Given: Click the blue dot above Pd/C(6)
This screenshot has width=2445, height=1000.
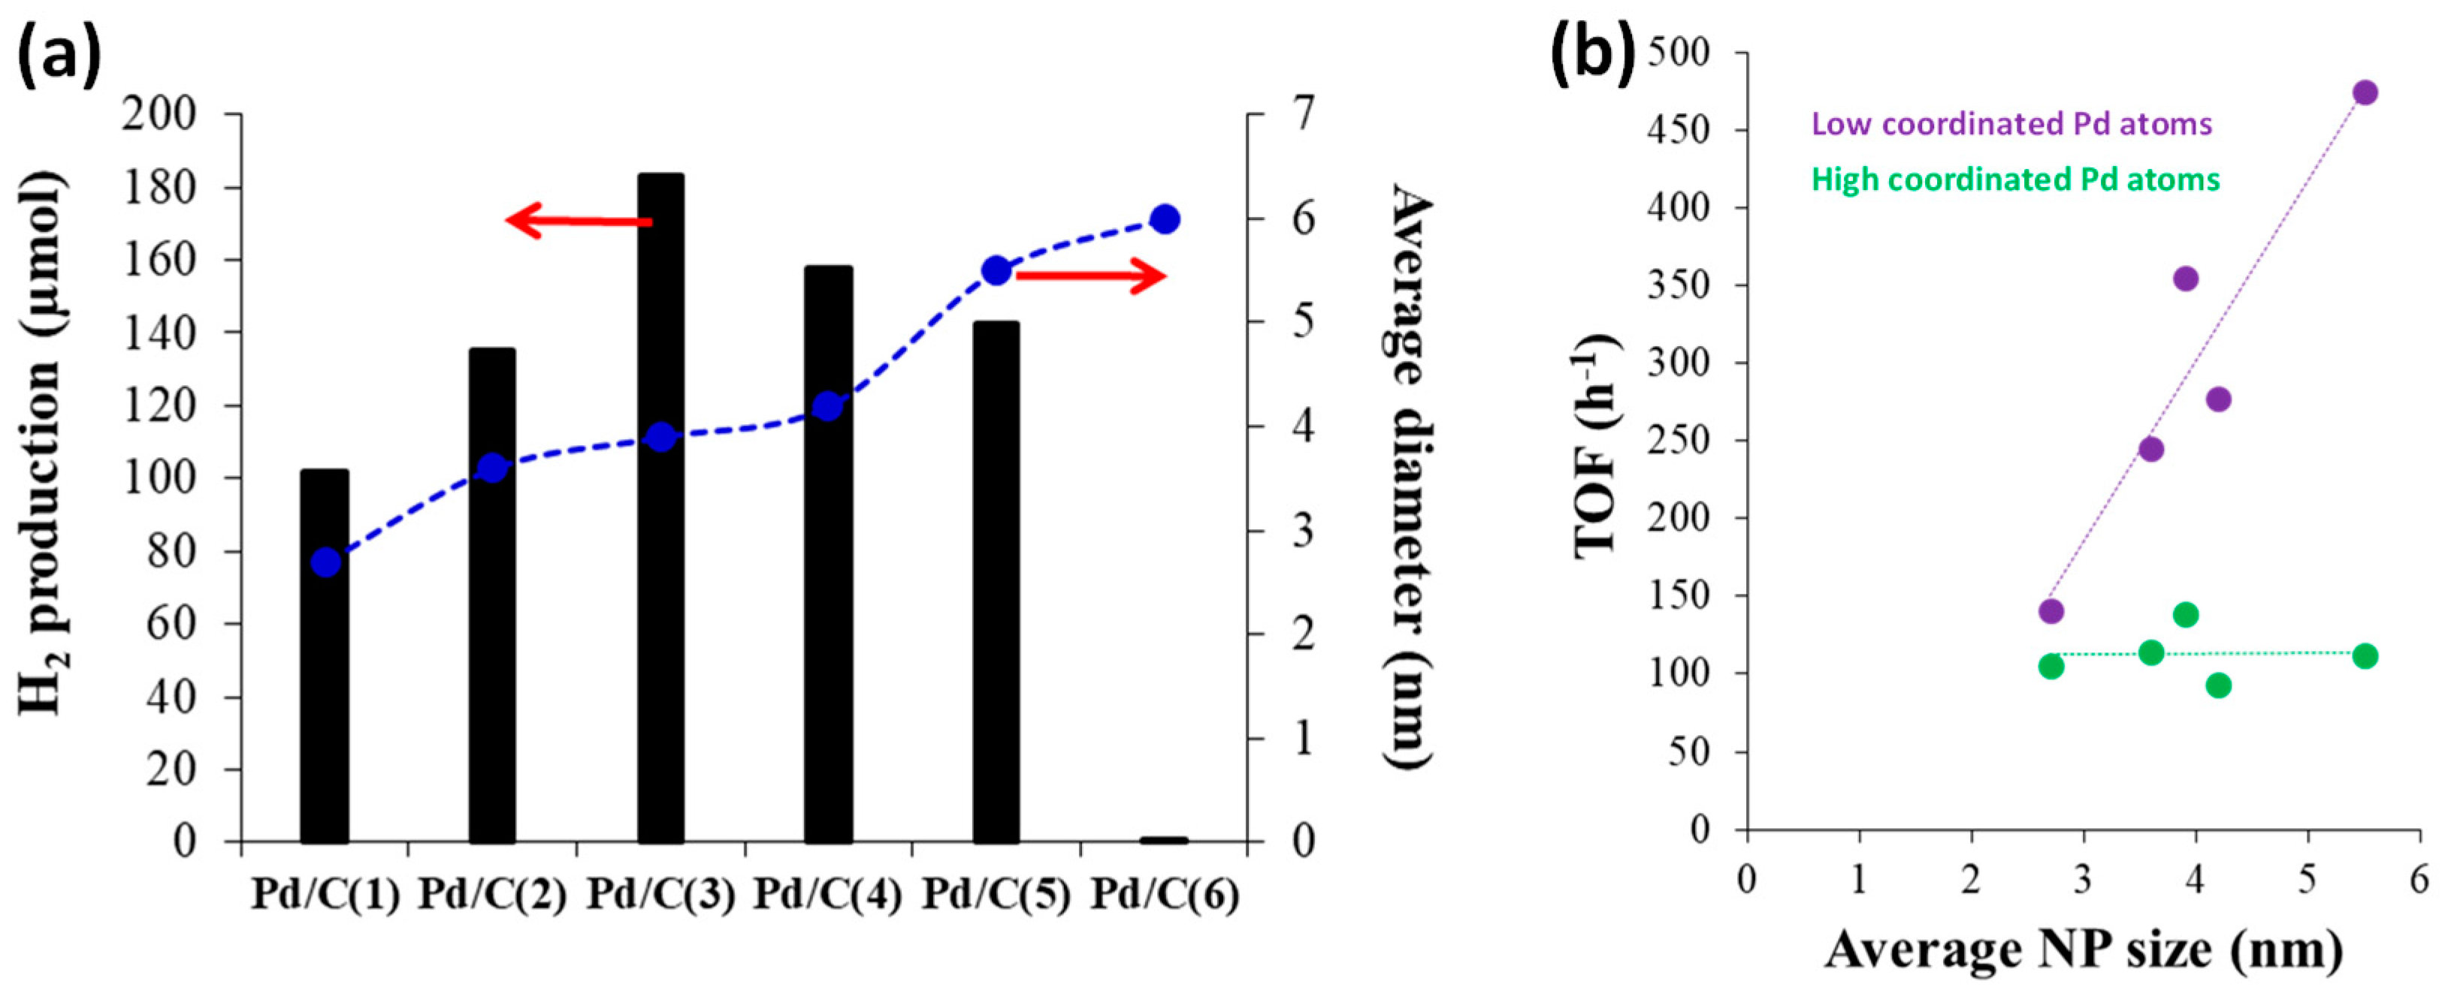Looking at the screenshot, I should [1165, 219].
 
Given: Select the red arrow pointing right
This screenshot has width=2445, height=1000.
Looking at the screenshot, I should [1092, 276].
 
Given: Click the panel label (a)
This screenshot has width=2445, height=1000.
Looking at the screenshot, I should [59, 53].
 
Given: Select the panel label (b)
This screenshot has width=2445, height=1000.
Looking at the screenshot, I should [1593, 53].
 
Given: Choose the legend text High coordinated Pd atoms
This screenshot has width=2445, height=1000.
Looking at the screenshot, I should [2015, 179].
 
